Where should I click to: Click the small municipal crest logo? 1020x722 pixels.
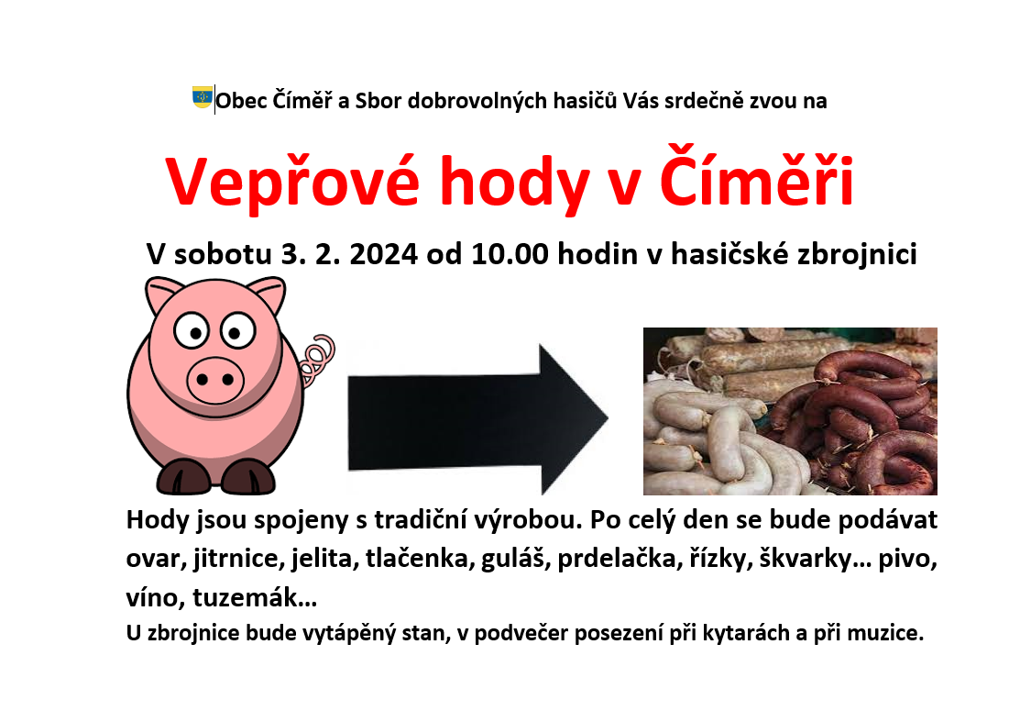(203, 97)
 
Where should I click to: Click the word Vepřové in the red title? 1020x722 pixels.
(292, 183)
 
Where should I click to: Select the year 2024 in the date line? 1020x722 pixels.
(383, 254)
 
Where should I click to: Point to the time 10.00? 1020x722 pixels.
(510, 254)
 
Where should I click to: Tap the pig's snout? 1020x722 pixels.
(215, 379)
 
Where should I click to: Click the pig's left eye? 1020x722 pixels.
(192, 331)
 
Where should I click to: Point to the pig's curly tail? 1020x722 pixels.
(317, 360)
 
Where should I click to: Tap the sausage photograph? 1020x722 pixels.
(790, 411)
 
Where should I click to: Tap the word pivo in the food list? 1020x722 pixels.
(907, 560)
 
